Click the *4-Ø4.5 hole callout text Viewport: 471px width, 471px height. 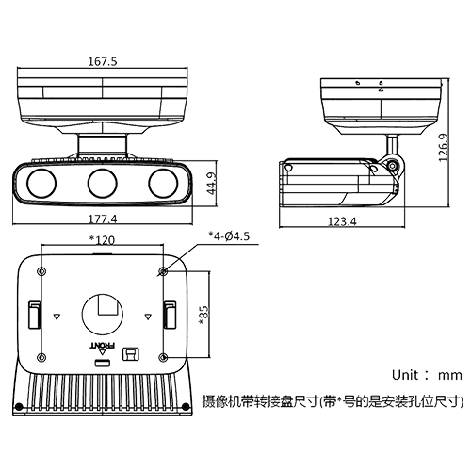click(230, 236)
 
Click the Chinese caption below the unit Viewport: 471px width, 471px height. click(333, 400)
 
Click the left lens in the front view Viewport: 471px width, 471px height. click(43, 182)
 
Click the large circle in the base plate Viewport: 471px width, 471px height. click(102, 312)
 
